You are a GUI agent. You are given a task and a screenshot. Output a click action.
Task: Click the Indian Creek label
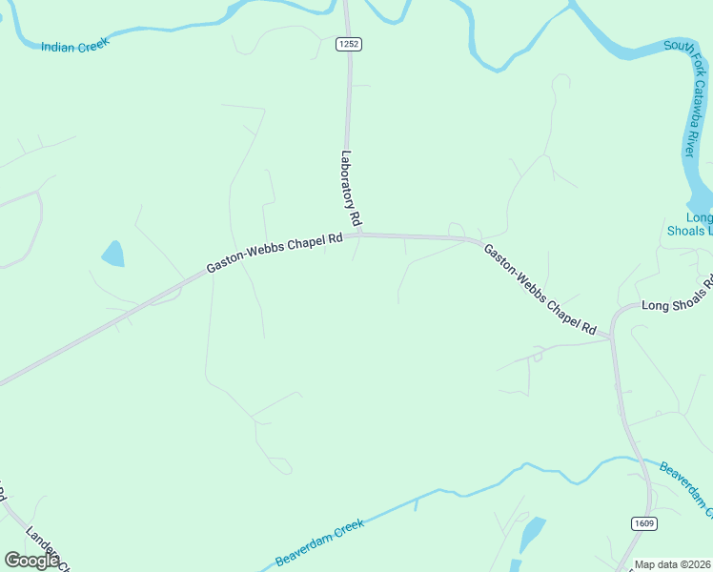pos(75,45)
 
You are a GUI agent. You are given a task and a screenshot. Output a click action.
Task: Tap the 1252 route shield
pos(348,44)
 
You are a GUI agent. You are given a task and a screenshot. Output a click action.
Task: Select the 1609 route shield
pos(643,523)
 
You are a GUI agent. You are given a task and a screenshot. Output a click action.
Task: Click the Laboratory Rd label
pos(350,189)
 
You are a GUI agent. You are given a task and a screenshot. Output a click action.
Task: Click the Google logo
pos(31,561)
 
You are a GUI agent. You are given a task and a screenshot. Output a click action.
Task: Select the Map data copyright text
pos(673,564)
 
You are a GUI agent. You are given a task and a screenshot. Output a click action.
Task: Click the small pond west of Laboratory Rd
pos(112,254)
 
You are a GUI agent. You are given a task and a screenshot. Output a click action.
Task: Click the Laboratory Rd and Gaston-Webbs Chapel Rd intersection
pos(358,234)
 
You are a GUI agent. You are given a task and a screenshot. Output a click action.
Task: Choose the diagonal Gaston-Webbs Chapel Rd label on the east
pos(540,290)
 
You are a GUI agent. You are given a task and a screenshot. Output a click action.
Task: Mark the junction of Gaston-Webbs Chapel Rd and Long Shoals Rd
pos(612,336)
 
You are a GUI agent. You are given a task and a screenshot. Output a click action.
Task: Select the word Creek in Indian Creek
pos(93,44)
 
